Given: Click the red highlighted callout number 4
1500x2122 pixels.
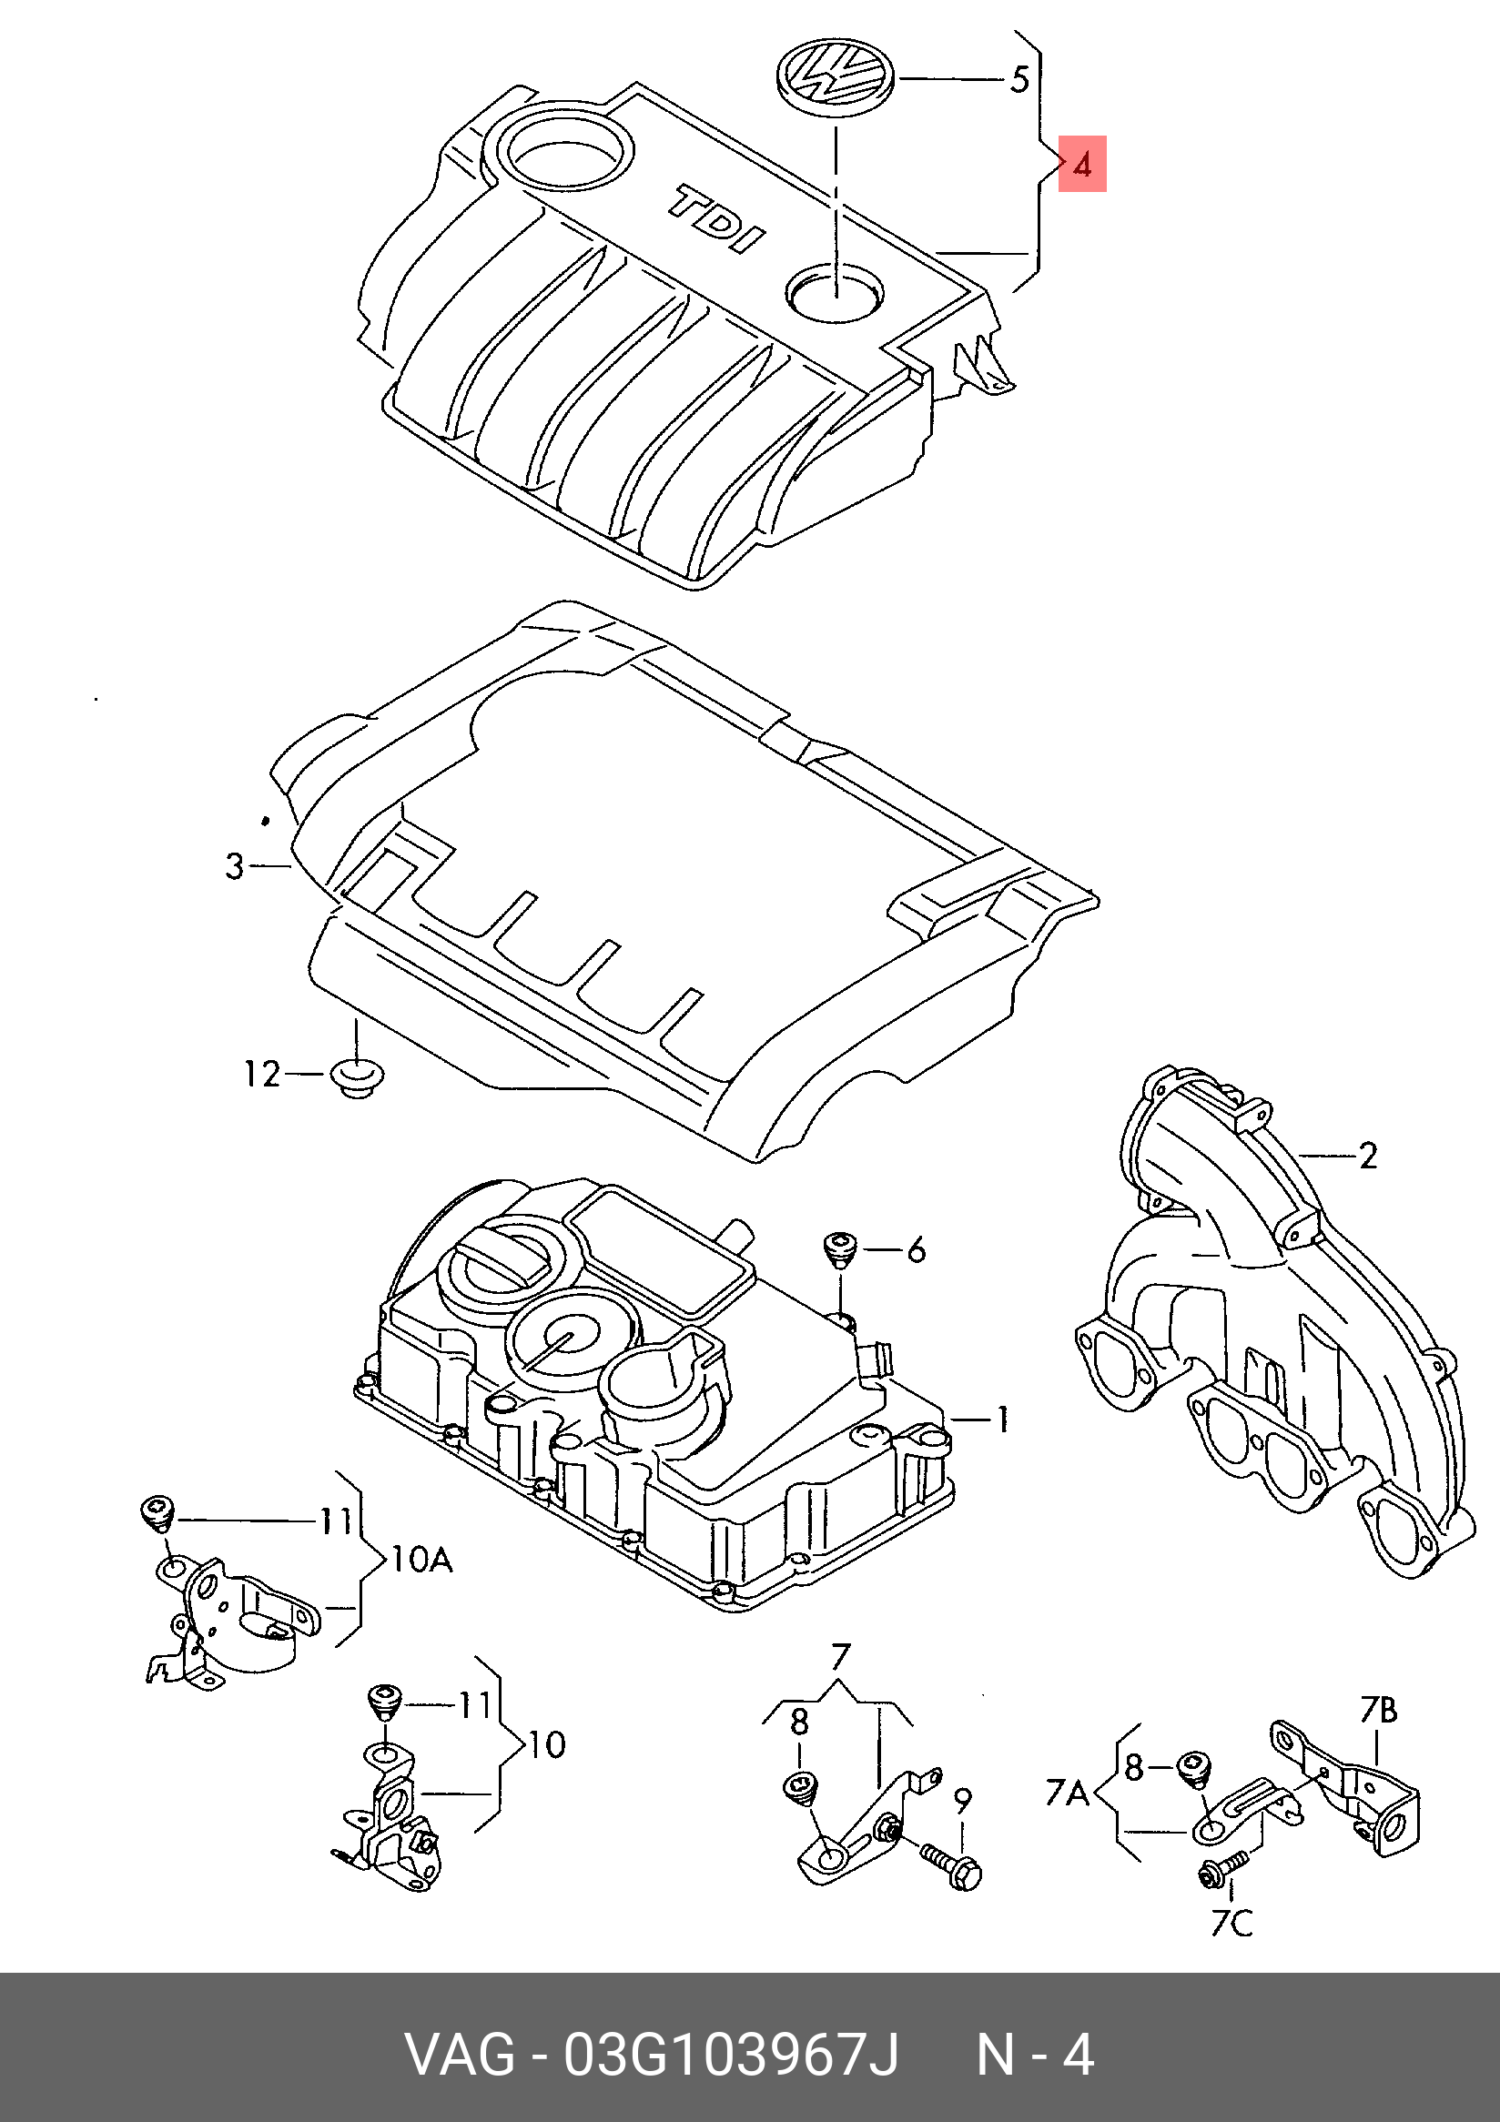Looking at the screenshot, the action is pyautogui.click(x=1081, y=165).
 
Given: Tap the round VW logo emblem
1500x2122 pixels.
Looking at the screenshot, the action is pyautogui.click(x=836, y=78).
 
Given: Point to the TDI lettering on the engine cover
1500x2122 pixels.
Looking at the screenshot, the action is pyautogui.click(x=716, y=219).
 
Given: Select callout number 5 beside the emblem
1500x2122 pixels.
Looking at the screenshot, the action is pyautogui.click(x=1019, y=79).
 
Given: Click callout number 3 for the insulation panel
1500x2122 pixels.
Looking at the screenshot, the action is pyautogui.click(x=235, y=866).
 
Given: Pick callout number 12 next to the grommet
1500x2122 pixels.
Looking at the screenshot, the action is pyautogui.click(x=261, y=1074).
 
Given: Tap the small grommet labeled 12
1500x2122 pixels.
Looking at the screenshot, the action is pyautogui.click(x=357, y=1078).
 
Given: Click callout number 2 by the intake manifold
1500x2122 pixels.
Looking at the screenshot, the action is pyautogui.click(x=1368, y=1156).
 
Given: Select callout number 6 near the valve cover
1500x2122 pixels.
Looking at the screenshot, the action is pyautogui.click(x=916, y=1249).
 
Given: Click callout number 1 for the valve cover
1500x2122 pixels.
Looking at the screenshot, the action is pyautogui.click(x=1003, y=1419).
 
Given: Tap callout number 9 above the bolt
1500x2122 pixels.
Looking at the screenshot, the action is pyautogui.click(x=962, y=1801).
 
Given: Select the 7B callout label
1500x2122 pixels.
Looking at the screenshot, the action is pyautogui.click(x=1378, y=1711).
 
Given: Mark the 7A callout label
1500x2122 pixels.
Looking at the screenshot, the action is pyautogui.click(x=1068, y=1793).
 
